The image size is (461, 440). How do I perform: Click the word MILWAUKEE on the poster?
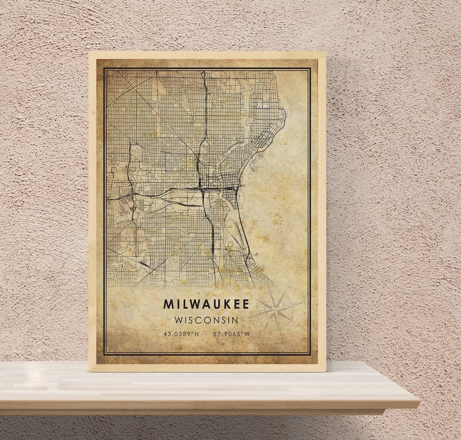click(206, 304)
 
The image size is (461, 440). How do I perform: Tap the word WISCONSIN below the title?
click(206, 320)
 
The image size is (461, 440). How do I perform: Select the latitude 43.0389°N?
click(181, 334)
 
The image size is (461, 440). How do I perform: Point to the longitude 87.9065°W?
click(231, 334)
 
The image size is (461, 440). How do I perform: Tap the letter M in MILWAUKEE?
click(168, 304)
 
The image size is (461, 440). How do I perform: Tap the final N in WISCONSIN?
click(235, 320)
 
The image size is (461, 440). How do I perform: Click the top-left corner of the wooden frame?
click(89, 53)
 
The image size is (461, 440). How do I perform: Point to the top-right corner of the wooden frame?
click(325, 53)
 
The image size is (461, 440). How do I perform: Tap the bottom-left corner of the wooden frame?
click(89, 371)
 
